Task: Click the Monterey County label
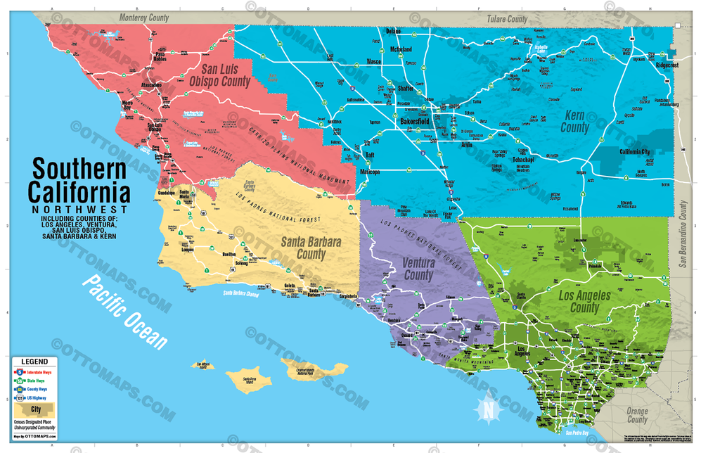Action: point(143,18)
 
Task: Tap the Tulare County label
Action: point(502,19)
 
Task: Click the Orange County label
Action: point(637,415)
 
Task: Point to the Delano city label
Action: point(392,32)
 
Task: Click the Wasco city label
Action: point(373,62)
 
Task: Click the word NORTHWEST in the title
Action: point(78,209)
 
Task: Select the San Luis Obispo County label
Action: point(226,76)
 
